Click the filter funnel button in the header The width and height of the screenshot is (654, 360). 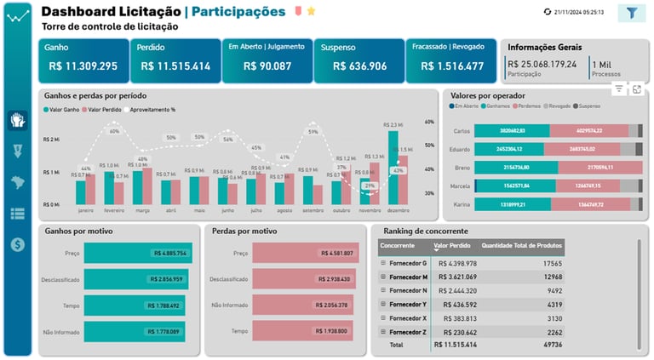[x=632, y=13]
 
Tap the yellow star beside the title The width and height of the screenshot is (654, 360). [x=312, y=11]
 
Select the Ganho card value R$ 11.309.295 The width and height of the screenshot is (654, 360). [x=83, y=66]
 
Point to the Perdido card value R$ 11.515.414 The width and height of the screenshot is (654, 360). [x=175, y=66]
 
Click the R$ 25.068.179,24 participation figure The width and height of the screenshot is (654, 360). [x=542, y=64]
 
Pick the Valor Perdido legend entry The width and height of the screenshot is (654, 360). [x=106, y=109]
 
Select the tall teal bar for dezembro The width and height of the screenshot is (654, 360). [x=393, y=167]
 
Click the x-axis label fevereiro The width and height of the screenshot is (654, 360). [x=113, y=209]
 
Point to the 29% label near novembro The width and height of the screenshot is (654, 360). [x=369, y=185]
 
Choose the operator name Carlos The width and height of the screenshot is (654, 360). [x=462, y=130]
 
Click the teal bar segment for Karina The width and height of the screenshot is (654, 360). [x=512, y=204]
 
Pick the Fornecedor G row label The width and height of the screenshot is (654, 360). [x=408, y=264]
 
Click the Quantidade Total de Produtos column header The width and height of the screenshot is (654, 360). [x=522, y=245]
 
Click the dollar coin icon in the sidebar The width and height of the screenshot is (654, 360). [x=17, y=244]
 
